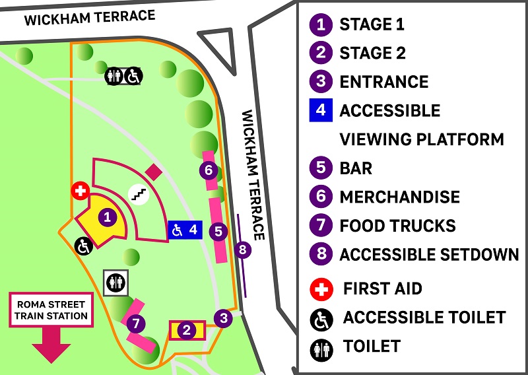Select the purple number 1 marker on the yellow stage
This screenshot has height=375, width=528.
(107, 216)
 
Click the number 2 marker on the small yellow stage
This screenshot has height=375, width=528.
(187, 330)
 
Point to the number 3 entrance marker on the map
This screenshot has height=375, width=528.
(224, 318)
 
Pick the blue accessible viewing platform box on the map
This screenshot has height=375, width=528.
(185, 230)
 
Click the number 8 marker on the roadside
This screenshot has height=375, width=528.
(243, 250)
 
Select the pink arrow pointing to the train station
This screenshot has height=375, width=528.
(51, 345)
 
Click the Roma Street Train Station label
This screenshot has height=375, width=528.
(51, 310)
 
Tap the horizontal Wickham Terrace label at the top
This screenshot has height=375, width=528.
(90, 18)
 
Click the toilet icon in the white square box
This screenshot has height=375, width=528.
(116, 282)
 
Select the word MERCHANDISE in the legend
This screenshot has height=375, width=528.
(399, 197)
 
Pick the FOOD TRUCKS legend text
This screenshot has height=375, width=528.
(397, 226)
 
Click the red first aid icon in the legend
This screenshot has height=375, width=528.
(321, 289)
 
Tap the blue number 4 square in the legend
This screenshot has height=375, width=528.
(321, 110)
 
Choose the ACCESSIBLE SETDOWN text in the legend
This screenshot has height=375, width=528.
(429, 254)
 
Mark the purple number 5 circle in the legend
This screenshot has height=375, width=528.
(321, 168)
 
